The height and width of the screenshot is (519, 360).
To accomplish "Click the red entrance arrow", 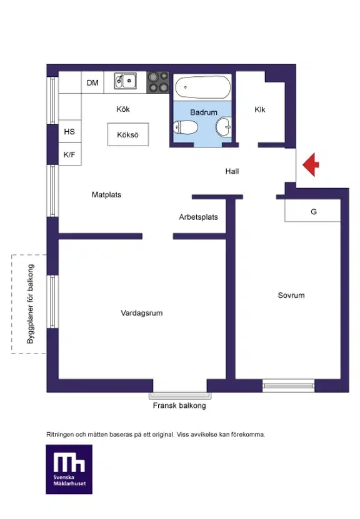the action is (x=311, y=164).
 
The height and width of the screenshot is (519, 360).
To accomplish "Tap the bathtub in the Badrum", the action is (x=202, y=87).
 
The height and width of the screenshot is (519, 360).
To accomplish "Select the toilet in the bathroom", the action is (x=186, y=127).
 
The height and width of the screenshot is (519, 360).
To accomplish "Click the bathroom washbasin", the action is (x=224, y=127).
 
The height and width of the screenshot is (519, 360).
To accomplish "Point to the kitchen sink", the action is (x=125, y=81).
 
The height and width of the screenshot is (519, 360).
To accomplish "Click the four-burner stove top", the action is (x=158, y=82).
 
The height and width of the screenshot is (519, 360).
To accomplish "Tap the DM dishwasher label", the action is (x=92, y=82).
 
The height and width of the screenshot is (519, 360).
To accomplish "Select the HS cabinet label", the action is (x=69, y=132).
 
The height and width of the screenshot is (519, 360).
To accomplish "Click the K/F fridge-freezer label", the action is (x=69, y=154).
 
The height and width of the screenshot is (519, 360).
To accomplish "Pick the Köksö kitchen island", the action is (x=128, y=134).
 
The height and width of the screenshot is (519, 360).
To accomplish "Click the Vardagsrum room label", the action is (x=141, y=313).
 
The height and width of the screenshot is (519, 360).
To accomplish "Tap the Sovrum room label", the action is (x=291, y=295).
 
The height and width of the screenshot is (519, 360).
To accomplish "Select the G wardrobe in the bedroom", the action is (x=312, y=210).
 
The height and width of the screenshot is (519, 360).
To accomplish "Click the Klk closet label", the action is (x=260, y=109).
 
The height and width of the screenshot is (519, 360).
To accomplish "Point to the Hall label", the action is (x=232, y=172).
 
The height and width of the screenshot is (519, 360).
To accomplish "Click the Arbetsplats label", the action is (x=198, y=217).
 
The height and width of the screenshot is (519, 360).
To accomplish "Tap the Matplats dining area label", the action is (x=106, y=195).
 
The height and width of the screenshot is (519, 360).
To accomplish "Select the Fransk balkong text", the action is (x=179, y=405).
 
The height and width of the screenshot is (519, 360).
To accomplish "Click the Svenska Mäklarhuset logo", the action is (x=69, y=470).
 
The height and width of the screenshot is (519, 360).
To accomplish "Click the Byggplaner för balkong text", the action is (x=31, y=304).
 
